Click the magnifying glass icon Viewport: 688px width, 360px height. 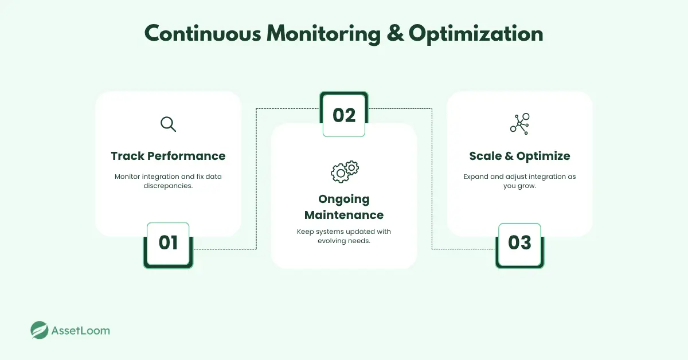tap(168, 124)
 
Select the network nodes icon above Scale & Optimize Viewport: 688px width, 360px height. tap(519, 124)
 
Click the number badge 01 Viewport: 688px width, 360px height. tap(168, 242)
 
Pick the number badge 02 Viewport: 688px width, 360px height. tap(344, 115)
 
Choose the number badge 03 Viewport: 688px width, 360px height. tap(519, 242)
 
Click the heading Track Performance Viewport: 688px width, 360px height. tap(168, 156)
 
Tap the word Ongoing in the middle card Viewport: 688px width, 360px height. tap(344, 199)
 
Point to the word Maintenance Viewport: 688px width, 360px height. tap(344, 215)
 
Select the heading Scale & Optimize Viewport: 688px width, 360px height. tap(519, 156)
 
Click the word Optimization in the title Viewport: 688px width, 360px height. tap(476, 34)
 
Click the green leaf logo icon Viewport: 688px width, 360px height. tap(40, 330)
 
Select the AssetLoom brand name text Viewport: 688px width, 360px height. tap(80, 331)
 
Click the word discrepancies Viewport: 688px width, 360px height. tap(168, 186)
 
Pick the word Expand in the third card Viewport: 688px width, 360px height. tap(475, 177)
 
